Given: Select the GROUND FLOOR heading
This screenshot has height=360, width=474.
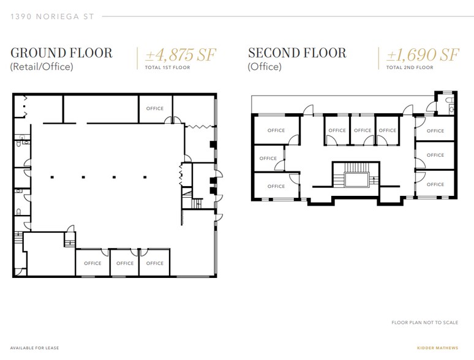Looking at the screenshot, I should coord(62,53).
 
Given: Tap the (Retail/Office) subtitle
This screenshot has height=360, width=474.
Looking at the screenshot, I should coord(42,67).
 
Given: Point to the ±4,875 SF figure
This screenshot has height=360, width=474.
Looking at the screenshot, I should coord(181,55).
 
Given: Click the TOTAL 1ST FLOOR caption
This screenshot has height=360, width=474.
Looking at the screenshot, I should coord(167,67).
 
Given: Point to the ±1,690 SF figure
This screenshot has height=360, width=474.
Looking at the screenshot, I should coord(423,55).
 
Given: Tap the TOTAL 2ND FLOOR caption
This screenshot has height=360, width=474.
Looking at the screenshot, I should coord(410,67).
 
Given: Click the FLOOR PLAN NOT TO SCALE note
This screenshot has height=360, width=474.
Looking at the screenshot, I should coord(424,322).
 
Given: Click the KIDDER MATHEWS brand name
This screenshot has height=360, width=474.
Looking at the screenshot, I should coord(438,348).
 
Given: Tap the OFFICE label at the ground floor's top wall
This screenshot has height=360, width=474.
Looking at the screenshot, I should coord(155,108).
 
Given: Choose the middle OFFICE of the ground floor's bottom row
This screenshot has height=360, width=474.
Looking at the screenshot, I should coord(124,263).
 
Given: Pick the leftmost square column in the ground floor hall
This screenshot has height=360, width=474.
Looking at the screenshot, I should coord(53,178).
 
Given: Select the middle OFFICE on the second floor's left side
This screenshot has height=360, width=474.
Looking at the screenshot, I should coord(268,159).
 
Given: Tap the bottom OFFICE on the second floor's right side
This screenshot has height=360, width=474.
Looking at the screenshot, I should coord(435,184).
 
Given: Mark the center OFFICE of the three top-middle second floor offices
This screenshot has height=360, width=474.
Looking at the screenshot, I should coord(363,130).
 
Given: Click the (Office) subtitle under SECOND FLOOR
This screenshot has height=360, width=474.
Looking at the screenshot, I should coord(265,67).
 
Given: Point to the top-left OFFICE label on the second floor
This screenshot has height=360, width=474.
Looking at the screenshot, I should coord(276,130).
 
